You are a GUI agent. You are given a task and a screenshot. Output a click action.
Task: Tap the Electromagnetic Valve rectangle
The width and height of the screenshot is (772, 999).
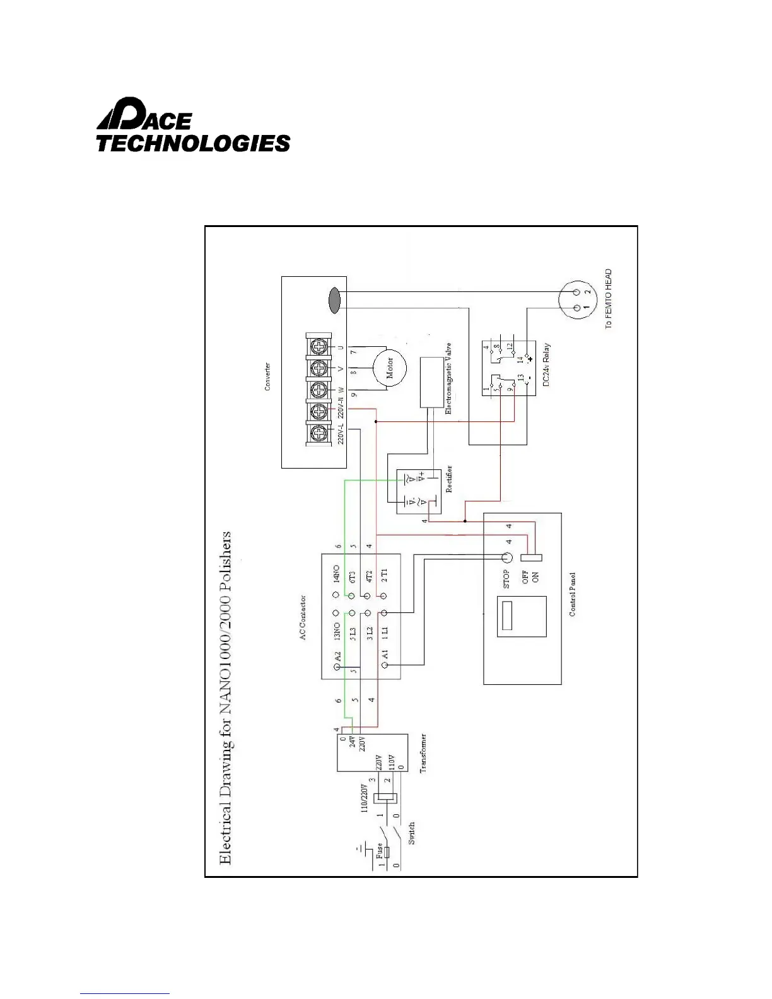tap(434, 382)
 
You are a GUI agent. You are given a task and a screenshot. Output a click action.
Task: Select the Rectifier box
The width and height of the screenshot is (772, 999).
tap(418, 491)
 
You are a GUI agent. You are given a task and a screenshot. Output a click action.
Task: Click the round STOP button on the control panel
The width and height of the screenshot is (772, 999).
tap(506, 558)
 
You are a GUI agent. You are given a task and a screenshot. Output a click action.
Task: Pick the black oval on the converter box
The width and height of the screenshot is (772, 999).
tap(334, 300)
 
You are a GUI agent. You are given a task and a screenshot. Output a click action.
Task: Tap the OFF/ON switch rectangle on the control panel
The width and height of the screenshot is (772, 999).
tap(532, 558)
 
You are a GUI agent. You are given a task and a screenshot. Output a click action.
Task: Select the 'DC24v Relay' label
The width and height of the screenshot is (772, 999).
tap(547, 365)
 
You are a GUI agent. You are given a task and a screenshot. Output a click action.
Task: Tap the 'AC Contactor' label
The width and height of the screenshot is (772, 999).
tap(303, 617)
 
